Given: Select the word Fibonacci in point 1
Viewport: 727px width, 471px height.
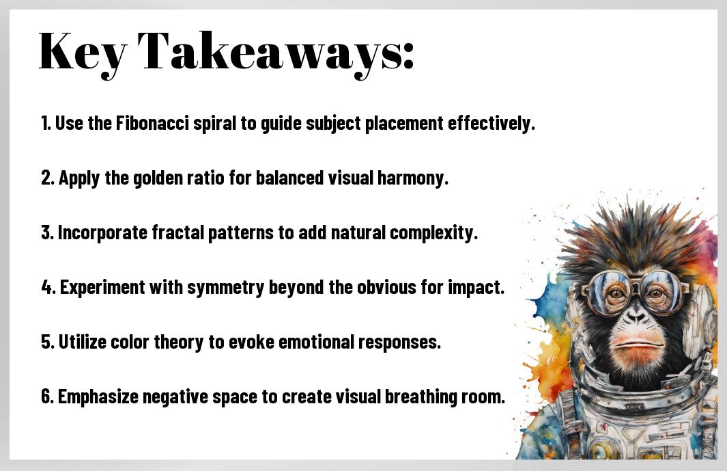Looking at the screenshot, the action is click(152, 124).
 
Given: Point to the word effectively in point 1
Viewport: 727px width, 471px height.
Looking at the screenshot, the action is click(491, 124).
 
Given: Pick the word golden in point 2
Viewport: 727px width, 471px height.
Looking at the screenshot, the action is click(158, 178).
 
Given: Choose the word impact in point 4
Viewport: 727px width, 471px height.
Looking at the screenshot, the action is click(476, 288).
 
